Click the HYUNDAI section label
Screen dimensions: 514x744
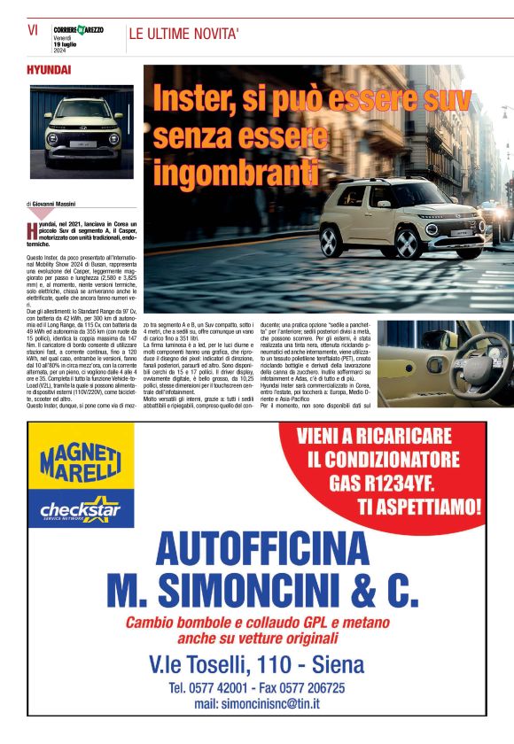click(x=49, y=69)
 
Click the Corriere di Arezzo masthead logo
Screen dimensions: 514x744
click(x=77, y=30)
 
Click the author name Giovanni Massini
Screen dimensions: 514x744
click(x=64, y=204)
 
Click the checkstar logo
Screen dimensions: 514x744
click(x=81, y=511)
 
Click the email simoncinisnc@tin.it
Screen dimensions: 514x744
click(x=257, y=703)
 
